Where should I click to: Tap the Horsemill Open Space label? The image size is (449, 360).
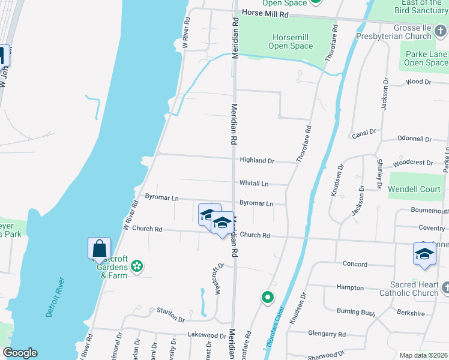pos(292,41)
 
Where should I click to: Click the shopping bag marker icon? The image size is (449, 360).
pos(99,248)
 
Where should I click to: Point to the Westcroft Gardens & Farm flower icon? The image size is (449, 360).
pos(137,265)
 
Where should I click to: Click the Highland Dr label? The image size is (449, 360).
pos(256,161)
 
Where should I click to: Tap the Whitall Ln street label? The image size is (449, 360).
pos(254,184)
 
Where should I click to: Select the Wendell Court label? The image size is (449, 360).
pos(414,189)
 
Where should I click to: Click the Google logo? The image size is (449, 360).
pos(20,353)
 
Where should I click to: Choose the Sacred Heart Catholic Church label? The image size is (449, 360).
pos(409,289)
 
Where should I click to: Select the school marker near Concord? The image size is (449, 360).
pos(424,253)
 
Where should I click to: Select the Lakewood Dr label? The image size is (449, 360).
pos(206,335)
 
